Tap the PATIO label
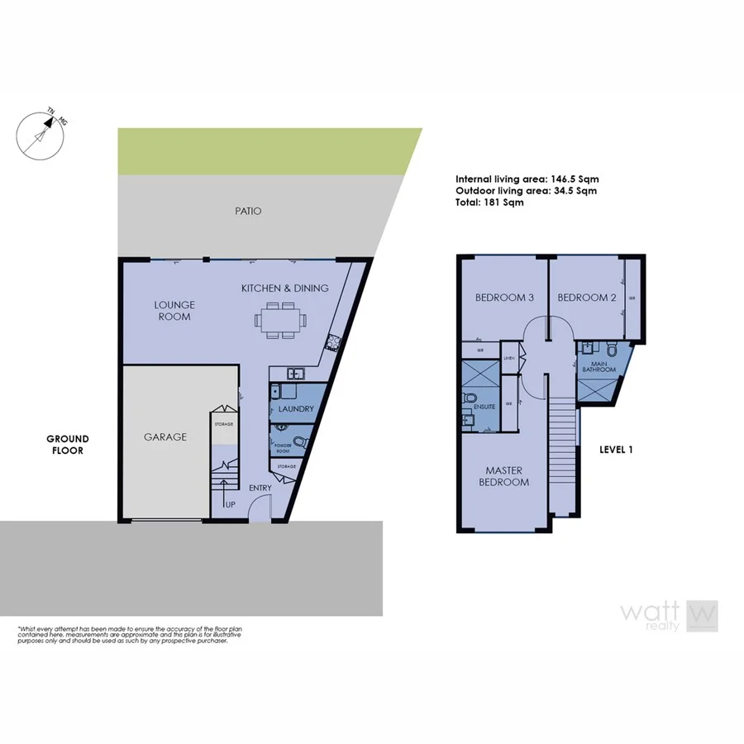click(247, 212)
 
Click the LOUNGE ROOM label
click(174, 310)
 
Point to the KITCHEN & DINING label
click(284, 288)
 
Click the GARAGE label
click(165, 437)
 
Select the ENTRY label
click(260, 488)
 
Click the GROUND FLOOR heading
click(67, 445)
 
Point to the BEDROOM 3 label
click(503, 298)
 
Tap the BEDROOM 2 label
click(587, 298)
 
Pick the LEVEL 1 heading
click(616, 450)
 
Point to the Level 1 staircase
click(562, 455)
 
